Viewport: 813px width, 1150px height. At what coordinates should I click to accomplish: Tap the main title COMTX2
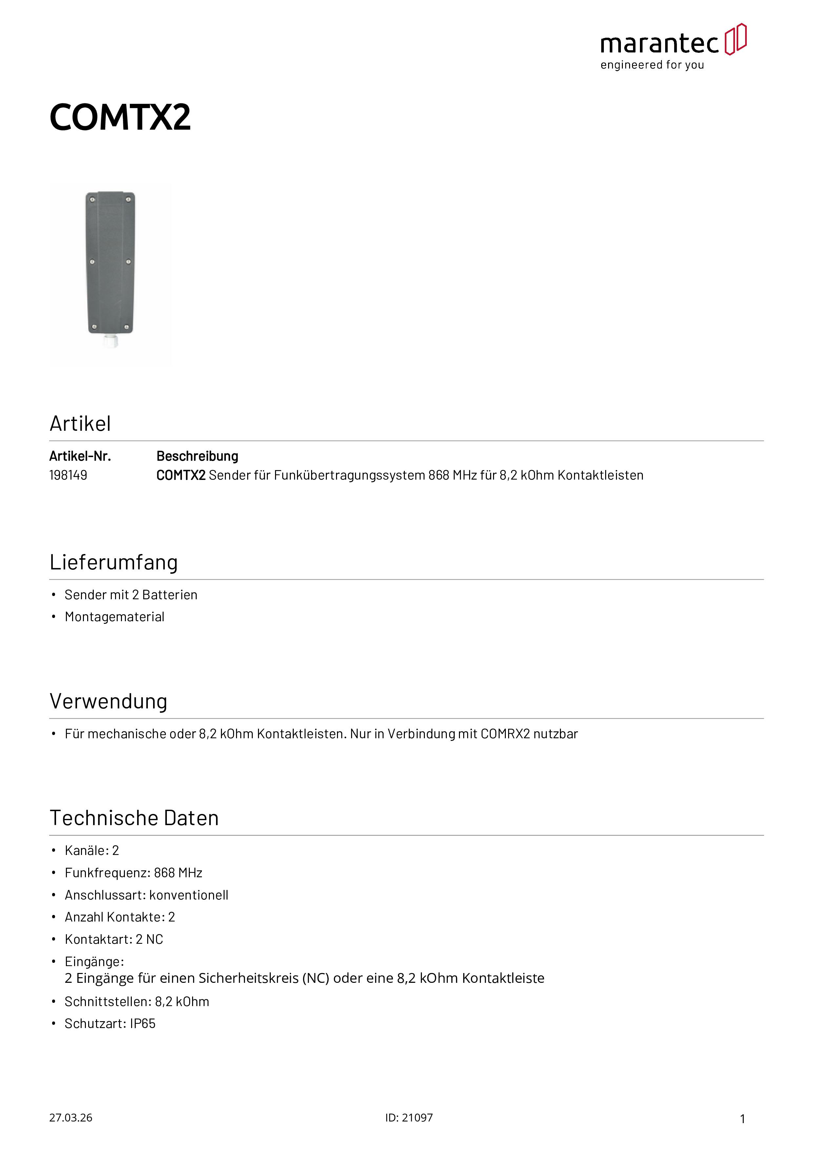tap(120, 118)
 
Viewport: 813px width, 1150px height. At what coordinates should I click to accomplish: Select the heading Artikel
tap(80, 424)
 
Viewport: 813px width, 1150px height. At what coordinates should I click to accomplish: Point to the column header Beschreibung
tap(197, 456)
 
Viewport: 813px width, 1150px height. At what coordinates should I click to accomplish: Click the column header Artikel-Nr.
tap(80, 456)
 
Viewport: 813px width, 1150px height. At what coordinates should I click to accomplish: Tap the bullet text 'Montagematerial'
tap(115, 617)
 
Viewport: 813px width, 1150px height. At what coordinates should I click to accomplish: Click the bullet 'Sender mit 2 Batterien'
tap(131, 595)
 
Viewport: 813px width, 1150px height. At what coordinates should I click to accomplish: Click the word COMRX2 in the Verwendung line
tap(505, 734)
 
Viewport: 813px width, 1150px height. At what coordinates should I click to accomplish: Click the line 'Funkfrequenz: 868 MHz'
tap(133, 873)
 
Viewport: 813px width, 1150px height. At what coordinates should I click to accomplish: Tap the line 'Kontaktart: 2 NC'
tap(114, 940)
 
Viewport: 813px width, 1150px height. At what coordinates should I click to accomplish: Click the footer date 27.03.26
tap(70, 1118)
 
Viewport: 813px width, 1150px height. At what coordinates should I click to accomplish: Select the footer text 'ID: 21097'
tap(409, 1118)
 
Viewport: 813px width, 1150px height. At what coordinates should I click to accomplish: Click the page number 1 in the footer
tap(743, 1119)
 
